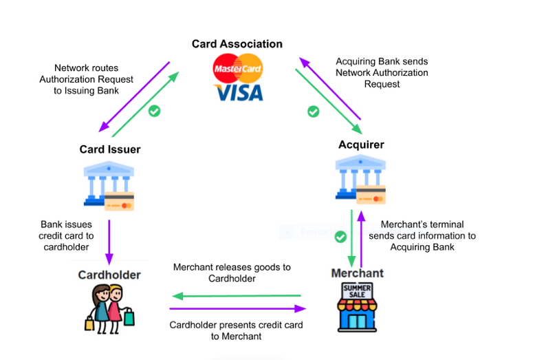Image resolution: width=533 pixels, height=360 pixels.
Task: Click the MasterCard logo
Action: pyautogui.click(x=237, y=68)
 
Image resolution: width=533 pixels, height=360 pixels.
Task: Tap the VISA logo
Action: pyautogui.click(x=239, y=92)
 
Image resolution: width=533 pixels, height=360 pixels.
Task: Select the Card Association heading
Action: pyautogui.click(x=237, y=44)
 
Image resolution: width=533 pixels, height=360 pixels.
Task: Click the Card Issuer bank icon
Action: pyautogui.click(x=109, y=186)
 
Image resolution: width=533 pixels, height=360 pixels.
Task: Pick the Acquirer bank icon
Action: pyautogui.click(x=360, y=180)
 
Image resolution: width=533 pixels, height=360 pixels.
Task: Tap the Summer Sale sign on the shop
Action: pyautogui.click(x=357, y=291)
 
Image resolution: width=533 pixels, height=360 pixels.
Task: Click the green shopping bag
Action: pyautogui.click(x=129, y=317)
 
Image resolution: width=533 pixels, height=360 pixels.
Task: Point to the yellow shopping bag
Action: pyautogui.click(x=89, y=324)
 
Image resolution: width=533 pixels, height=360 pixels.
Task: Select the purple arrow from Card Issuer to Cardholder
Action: pyautogui.click(x=109, y=242)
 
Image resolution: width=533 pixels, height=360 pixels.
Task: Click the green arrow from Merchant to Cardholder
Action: pyautogui.click(x=237, y=296)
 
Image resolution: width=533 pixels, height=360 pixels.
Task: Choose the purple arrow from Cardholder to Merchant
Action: pyautogui.click(x=237, y=308)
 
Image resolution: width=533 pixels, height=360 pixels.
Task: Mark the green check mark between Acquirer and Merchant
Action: pyautogui.click(x=340, y=237)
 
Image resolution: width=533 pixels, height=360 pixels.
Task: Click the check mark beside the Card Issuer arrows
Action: pyautogui.click(x=154, y=111)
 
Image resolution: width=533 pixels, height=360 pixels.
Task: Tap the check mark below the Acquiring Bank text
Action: pyautogui.click(x=313, y=112)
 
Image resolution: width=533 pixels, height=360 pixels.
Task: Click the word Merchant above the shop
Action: pyautogui.click(x=357, y=273)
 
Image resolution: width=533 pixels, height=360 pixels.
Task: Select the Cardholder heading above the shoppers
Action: pyautogui.click(x=109, y=275)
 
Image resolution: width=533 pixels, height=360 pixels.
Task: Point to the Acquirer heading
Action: pyautogui.click(x=361, y=145)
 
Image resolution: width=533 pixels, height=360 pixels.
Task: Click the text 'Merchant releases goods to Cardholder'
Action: pyautogui.click(x=232, y=273)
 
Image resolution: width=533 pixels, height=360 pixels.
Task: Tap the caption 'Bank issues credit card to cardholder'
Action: pyautogui.click(x=66, y=236)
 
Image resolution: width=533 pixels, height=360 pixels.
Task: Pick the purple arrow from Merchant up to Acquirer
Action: pyautogui.click(x=361, y=240)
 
